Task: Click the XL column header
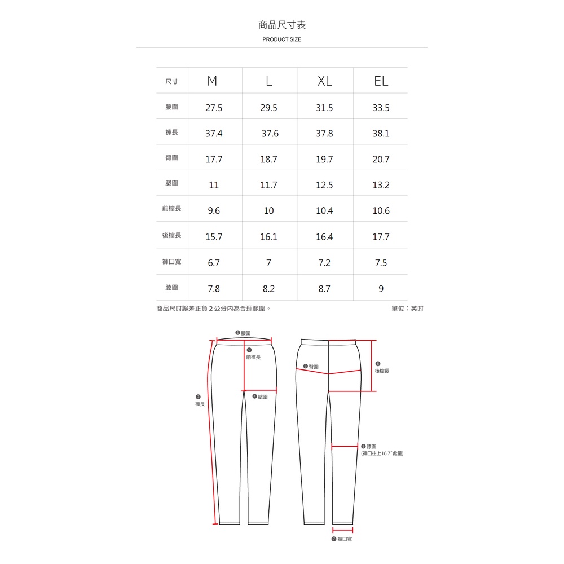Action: point(324,81)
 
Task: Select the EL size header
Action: point(381,81)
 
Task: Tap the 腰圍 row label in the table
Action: point(171,107)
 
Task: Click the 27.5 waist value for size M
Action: point(214,108)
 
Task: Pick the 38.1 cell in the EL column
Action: point(381,134)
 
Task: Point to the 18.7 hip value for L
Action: point(268,160)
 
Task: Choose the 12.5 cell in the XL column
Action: point(324,185)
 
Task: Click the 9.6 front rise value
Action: point(214,210)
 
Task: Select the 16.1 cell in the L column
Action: point(268,237)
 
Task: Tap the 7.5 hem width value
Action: point(381,263)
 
